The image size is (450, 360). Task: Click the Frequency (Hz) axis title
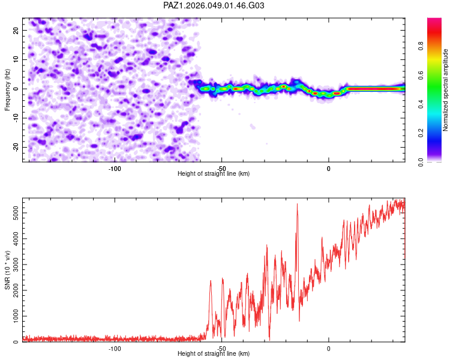tap(7, 89)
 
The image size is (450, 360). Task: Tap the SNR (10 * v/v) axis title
tap(7, 270)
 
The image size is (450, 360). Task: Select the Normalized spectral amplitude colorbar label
tap(446, 91)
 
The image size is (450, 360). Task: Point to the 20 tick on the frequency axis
tap(16, 30)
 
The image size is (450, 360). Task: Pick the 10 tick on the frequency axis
tap(16, 59)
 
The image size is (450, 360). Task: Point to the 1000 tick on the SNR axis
tap(13, 316)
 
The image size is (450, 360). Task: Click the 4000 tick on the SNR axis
tap(13, 238)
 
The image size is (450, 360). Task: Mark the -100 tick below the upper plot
tap(115, 169)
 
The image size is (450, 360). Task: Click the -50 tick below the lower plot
tap(221, 349)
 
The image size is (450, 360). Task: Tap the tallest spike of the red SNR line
tap(297, 205)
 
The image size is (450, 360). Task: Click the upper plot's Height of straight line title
tap(214, 173)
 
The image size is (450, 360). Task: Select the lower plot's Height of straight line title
tap(214, 354)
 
